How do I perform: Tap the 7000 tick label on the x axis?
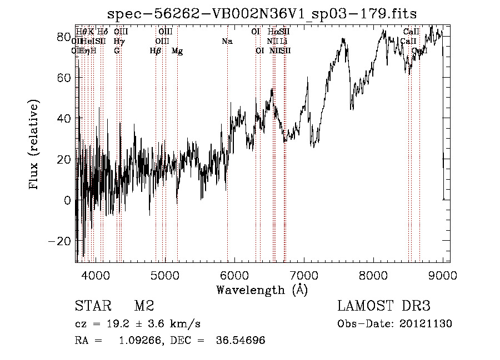(304, 275)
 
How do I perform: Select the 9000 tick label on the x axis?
(443, 275)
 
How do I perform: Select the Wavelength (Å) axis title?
(262, 290)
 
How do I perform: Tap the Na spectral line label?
(227, 42)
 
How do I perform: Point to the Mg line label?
(177, 51)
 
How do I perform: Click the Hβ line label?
(156, 51)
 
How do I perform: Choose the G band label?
(117, 51)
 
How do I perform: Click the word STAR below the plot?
(92, 306)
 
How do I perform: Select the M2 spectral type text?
(144, 306)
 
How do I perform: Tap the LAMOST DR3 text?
(383, 306)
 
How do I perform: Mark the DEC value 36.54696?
(240, 341)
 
